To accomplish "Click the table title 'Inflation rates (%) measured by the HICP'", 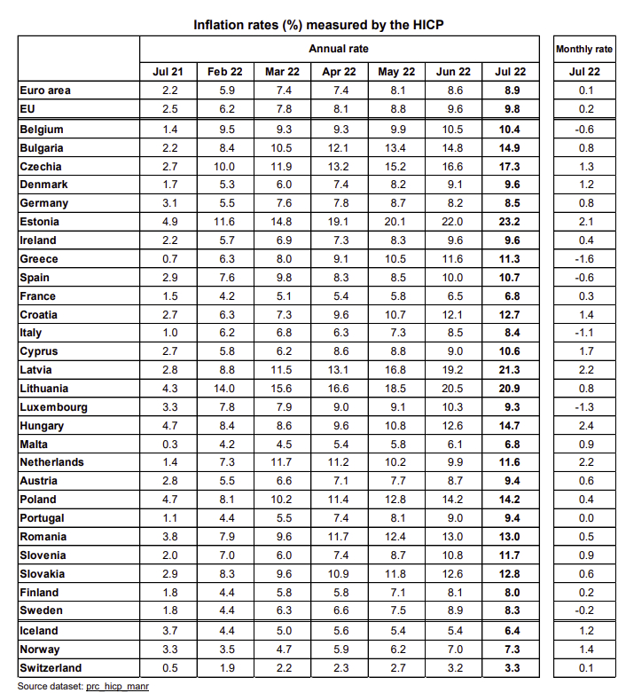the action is pos(318,25).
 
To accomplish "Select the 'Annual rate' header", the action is pos(339,49).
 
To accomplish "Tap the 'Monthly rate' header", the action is pos(584,49).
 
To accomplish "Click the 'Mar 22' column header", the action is pos(282,72).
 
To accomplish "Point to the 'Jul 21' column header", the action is pos(168,72).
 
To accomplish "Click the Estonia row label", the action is pos(39,222).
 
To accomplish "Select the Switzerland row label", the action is pos(51,668).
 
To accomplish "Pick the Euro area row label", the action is pos(45,91).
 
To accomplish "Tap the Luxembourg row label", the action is pos(53,407).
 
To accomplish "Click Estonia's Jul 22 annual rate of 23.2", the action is pos(509,222).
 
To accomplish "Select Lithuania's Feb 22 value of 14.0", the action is pos(224,389).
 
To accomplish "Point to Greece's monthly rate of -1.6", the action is pos(584,259).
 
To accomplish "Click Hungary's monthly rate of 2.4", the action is pos(586,426).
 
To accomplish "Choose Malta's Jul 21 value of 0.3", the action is pos(170,445).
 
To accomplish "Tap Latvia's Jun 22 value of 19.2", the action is pos(452,370).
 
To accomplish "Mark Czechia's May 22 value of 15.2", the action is pos(395,167).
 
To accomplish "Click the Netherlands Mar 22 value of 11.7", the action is pos(281,462).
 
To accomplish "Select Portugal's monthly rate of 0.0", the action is pos(586,518).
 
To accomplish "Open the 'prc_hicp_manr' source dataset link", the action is pos(118,687).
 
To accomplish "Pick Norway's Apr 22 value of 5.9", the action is pos(341,650).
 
